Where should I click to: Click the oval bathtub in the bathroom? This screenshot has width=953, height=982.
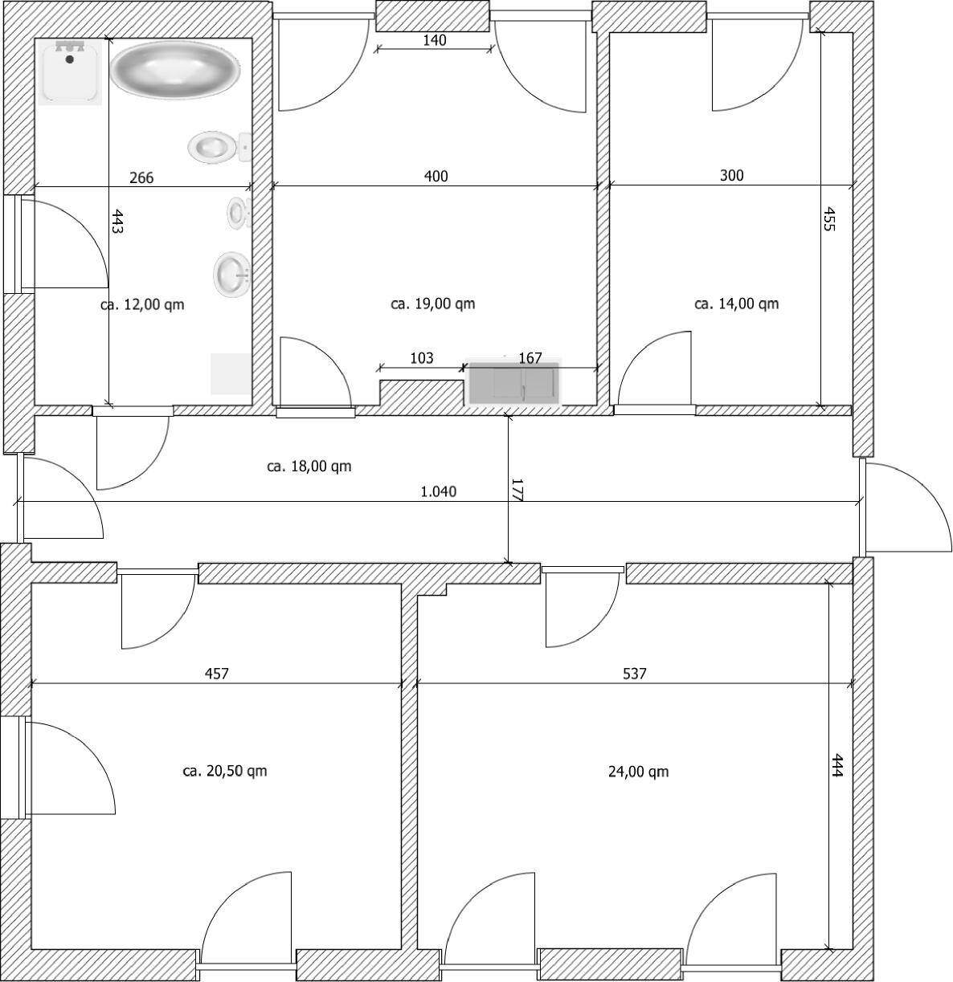click(x=174, y=70)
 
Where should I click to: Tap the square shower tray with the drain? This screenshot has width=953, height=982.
click(x=70, y=72)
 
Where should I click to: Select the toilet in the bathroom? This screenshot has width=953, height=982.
click(x=219, y=147)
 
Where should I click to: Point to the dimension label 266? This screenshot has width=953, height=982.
click(x=141, y=177)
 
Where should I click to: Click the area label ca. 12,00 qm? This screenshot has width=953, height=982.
click(x=142, y=305)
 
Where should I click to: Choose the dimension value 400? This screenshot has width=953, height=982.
click(x=436, y=176)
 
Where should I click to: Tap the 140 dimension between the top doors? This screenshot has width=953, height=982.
click(x=435, y=40)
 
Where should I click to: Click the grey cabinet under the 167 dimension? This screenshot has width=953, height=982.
click(x=514, y=383)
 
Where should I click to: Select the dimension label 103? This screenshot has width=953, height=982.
click(x=421, y=358)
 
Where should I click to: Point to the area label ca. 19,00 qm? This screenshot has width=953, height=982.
click(x=433, y=304)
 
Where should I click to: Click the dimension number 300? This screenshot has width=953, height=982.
click(x=731, y=176)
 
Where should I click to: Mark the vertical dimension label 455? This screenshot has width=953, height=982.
click(x=829, y=219)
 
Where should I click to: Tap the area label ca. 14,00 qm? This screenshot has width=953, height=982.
click(x=736, y=304)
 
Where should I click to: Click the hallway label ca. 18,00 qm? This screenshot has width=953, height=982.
click(x=309, y=467)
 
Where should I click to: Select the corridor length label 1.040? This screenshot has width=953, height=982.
click(x=439, y=491)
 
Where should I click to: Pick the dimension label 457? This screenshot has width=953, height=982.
click(x=217, y=674)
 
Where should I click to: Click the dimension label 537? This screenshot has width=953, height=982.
click(x=634, y=674)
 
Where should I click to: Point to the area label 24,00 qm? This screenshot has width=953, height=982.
click(x=638, y=772)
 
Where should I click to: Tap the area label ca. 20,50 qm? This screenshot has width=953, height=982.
click(x=225, y=771)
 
